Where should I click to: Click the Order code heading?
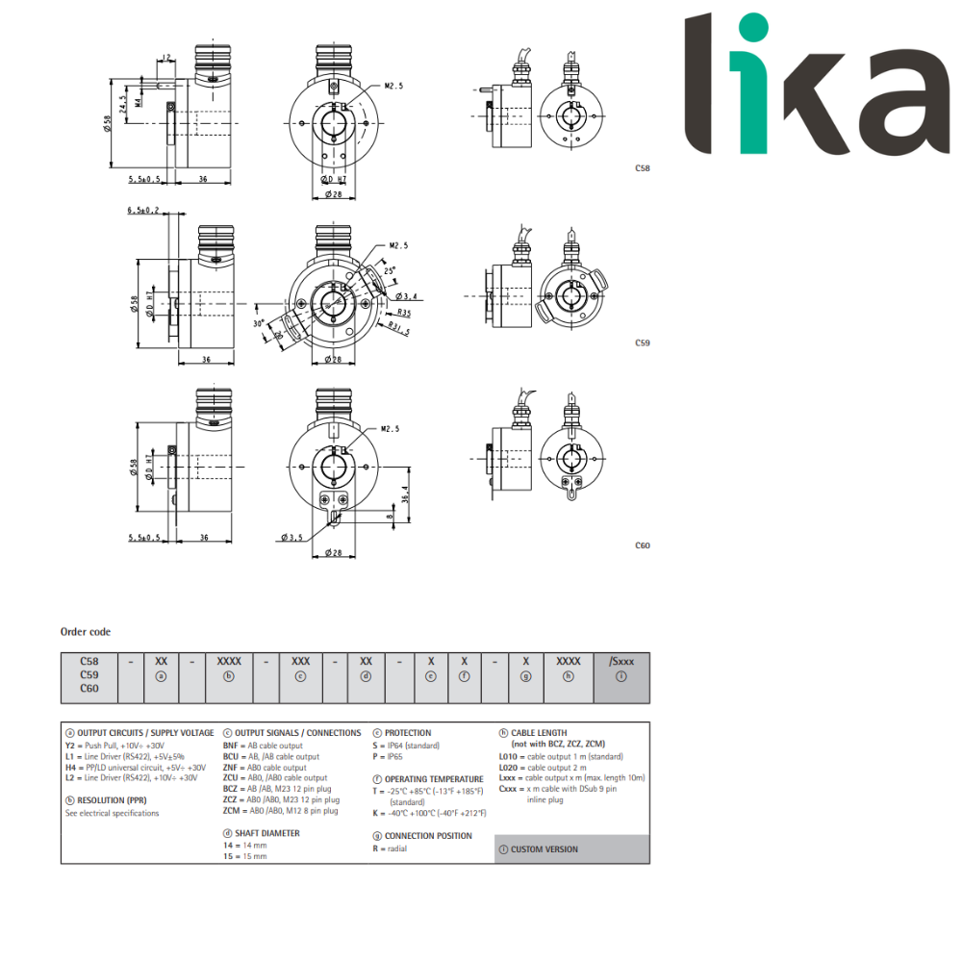click(86, 632)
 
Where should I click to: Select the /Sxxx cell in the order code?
click(621, 662)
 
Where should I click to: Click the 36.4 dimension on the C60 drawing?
click(405, 494)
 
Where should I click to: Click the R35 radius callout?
click(403, 314)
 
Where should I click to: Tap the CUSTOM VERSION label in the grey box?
click(544, 849)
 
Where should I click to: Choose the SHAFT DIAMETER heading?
click(266, 833)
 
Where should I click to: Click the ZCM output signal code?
click(231, 811)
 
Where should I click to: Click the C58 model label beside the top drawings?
click(643, 167)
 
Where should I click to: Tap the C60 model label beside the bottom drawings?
click(643, 545)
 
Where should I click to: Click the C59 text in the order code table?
click(89, 675)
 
